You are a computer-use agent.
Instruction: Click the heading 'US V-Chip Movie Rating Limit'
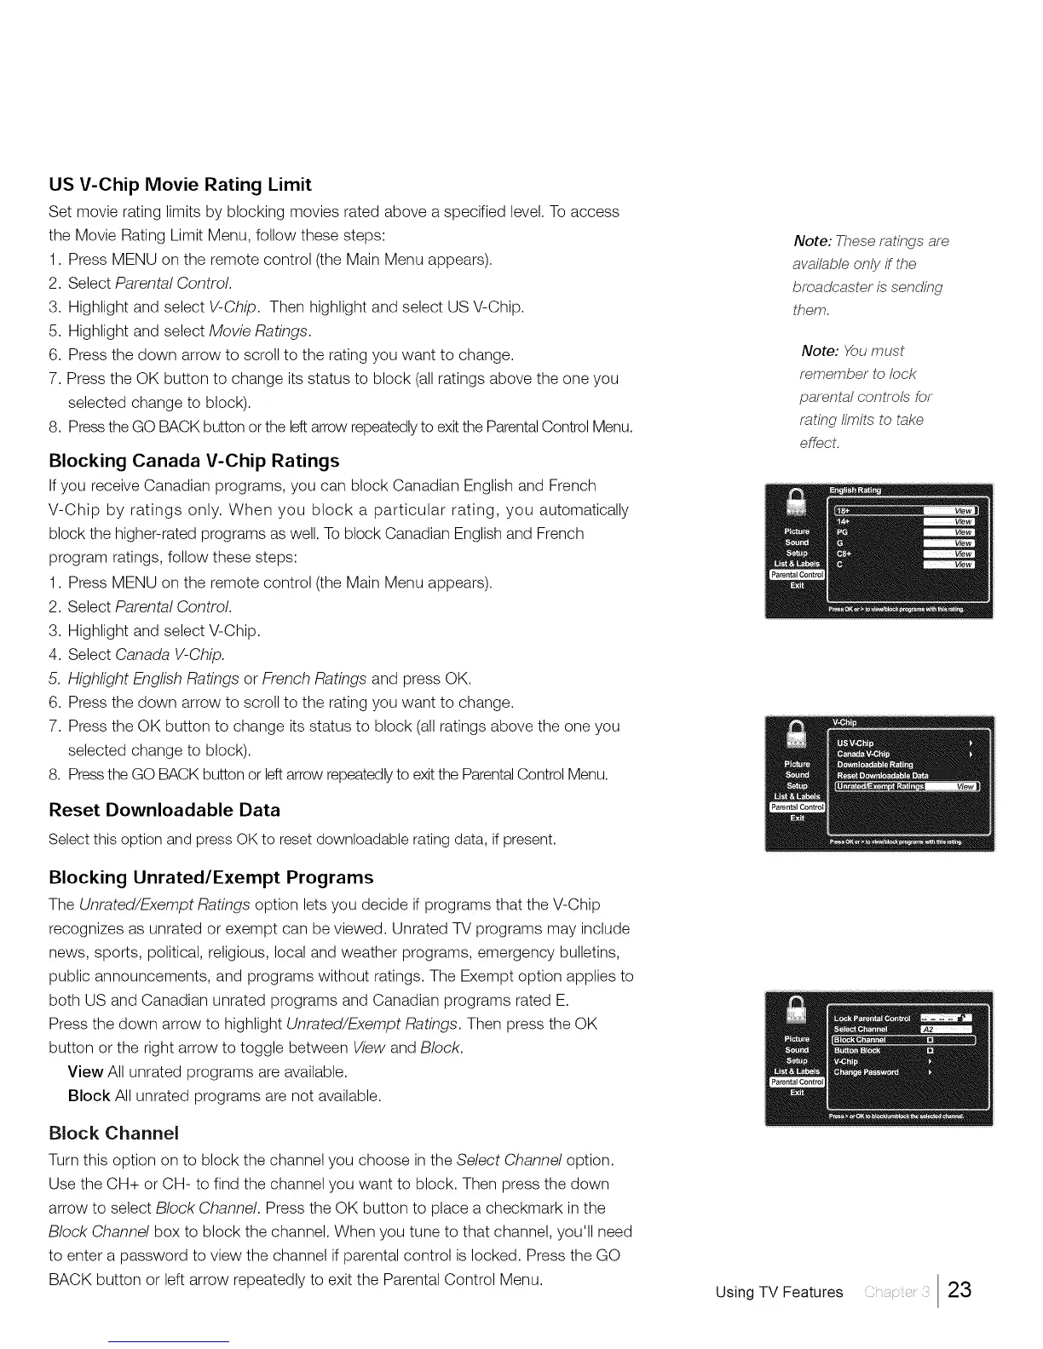(x=180, y=185)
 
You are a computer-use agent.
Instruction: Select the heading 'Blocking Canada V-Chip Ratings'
(x=194, y=461)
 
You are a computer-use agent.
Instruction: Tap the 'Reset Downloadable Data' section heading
(x=164, y=810)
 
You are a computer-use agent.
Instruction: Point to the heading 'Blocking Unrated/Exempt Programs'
(x=211, y=877)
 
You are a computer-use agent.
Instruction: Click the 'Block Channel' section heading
(x=114, y=1133)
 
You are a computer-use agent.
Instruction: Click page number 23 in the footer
(x=959, y=1289)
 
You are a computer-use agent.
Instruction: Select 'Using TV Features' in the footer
(x=779, y=1292)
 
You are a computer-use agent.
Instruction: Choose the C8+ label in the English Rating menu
(x=844, y=553)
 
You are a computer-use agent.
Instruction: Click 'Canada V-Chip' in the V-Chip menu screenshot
(x=863, y=754)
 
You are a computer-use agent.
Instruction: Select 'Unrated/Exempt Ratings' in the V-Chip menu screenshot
(x=880, y=786)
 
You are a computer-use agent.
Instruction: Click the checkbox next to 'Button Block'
(x=930, y=1050)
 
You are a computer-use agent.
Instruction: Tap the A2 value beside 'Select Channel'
(x=931, y=1029)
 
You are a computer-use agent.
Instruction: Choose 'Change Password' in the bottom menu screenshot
(x=866, y=1072)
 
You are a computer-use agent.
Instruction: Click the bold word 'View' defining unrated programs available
(x=85, y=1071)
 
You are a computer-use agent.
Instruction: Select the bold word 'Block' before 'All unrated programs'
(x=89, y=1095)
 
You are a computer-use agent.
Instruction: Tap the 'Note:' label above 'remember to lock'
(x=819, y=351)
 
